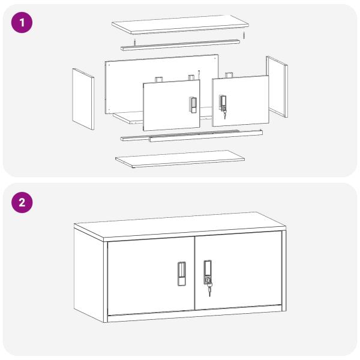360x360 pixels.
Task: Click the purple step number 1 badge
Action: click(x=22, y=23)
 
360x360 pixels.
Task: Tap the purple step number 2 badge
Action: click(x=22, y=203)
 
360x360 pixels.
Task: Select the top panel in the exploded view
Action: click(x=180, y=25)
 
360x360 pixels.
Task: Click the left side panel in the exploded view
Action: click(x=83, y=99)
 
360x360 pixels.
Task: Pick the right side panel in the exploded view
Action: click(x=277, y=86)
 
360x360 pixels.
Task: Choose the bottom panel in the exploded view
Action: click(x=180, y=159)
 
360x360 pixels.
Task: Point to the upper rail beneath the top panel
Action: click(x=180, y=45)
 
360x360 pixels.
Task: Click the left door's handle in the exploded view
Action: click(x=193, y=105)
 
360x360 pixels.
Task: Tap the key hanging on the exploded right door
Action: click(x=224, y=114)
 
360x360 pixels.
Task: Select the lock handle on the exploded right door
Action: click(x=223, y=103)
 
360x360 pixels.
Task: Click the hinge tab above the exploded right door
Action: click(x=229, y=75)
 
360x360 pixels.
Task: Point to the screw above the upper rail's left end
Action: click(x=135, y=43)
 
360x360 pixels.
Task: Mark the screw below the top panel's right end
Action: click(x=244, y=35)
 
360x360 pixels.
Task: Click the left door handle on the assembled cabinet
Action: click(x=182, y=274)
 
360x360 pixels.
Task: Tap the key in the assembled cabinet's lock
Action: click(x=209, y=289)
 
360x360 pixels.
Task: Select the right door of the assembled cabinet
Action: click(x=238, y=271)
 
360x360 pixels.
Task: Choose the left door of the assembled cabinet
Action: click(x=151, y=277)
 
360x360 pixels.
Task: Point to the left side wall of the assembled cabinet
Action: click(x=89, y=275)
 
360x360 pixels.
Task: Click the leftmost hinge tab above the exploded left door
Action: click(x=158, y=80)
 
